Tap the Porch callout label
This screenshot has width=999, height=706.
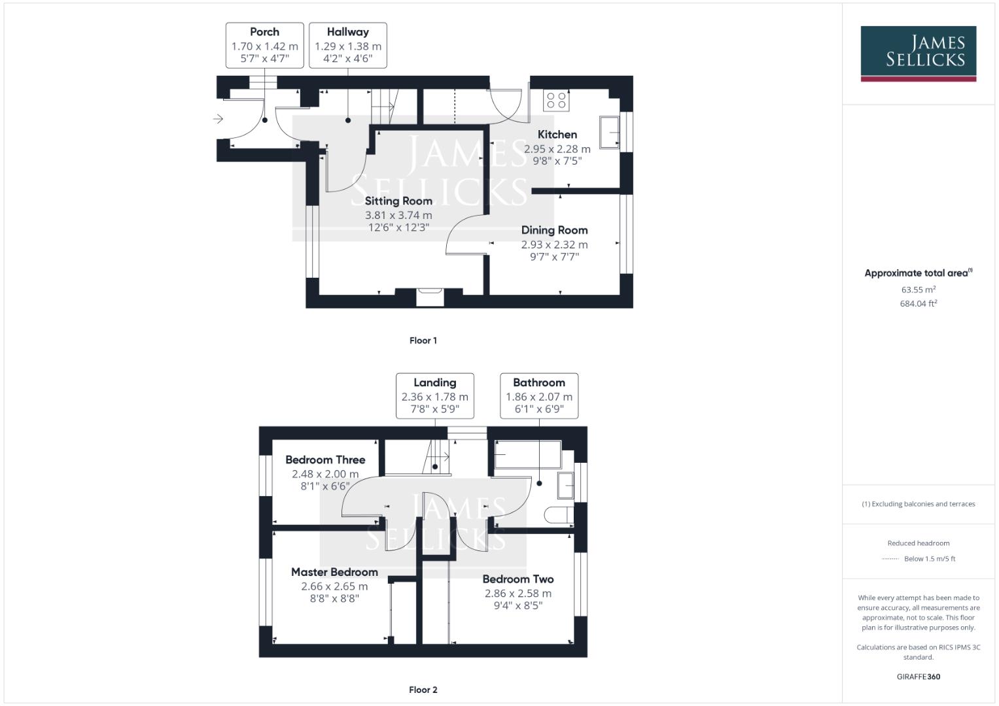coord(264,45)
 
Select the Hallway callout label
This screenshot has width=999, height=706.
coord(347,45)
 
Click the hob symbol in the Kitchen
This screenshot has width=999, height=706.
coord(556,100)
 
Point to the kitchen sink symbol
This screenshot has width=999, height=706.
coord(610,133)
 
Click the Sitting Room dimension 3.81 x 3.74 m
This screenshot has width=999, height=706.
coord(398,215)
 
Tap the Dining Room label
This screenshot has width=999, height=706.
coord(554,230)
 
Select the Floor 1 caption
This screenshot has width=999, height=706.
coord(423,341)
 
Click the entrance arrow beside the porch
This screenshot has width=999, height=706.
coord(218,119)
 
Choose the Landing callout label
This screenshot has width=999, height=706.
coord(434,395)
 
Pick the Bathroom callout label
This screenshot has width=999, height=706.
coord(538,395)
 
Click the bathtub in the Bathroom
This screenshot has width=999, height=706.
coord(527,454)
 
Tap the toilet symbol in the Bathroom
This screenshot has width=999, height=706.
coord(558,515)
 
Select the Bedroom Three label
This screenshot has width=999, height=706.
coord(325,460)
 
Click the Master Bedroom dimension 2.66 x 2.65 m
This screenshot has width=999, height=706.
coord(334,586)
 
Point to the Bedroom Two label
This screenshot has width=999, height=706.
coord(517,579)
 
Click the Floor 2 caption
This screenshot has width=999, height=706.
coord(423,690)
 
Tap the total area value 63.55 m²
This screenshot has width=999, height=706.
coord(918,290)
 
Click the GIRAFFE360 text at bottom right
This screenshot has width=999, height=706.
coord(918,677)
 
